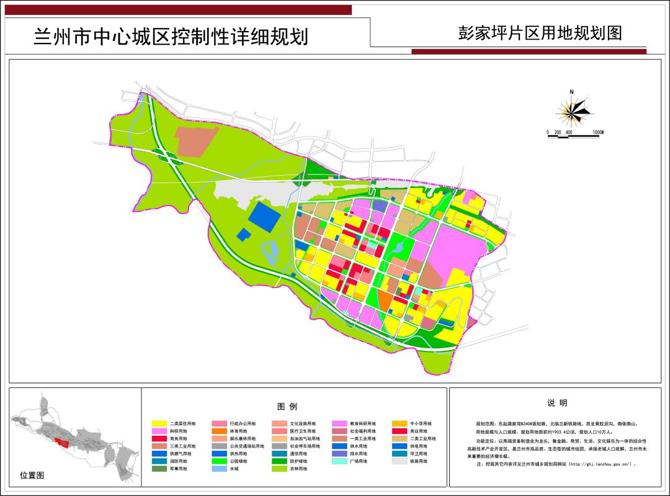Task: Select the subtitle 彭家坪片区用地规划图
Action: click(x=539, y=33)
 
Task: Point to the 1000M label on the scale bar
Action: click(x=597, y=133)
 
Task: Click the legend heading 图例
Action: click(x=287, y=407)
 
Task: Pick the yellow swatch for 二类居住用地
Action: click(x=159, y=423)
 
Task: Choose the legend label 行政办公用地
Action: click(x=243, y=423)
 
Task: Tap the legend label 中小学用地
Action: click(x=421, y=423)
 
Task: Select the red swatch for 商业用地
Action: click(x=400, y=431)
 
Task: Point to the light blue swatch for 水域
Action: click(x=220, y=469)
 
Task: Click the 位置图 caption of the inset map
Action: click(x=32, y=476)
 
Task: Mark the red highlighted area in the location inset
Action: click(x=61, y=443)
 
